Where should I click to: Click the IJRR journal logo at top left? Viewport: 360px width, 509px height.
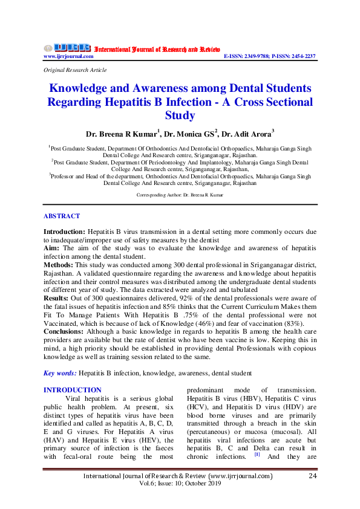point(67,48)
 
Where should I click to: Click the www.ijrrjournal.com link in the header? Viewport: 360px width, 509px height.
point(68,56)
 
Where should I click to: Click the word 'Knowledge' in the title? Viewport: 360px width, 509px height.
point(81,88)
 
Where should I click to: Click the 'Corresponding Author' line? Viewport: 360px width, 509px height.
point(180,196)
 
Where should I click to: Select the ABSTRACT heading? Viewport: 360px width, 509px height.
point(61,216)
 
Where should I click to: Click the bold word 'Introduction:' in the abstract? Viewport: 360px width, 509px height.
point(64,232)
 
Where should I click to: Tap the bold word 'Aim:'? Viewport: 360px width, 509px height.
point(51,248)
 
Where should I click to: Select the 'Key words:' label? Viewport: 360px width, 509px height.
point(60,374)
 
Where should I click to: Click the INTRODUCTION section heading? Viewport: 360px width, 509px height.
point(73,390)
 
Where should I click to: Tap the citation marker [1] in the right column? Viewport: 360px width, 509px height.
point(257,452)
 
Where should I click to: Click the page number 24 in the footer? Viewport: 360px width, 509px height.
point(313,476)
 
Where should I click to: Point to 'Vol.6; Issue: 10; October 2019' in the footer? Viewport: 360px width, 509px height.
point(180,484)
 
